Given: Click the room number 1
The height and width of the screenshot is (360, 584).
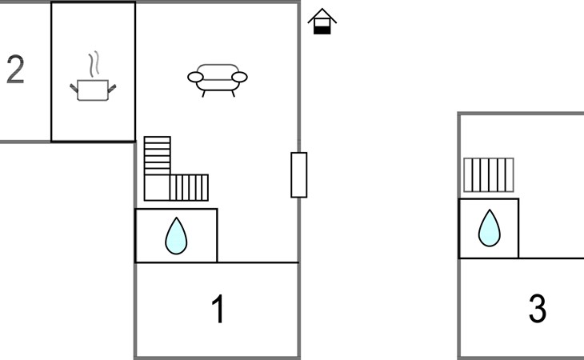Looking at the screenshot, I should [217, 310].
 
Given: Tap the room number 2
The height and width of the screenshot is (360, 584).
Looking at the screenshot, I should [15, 70].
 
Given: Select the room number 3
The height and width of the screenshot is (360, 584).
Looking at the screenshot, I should [538, 309].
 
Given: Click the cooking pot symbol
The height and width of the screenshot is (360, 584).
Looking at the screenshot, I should [94, 90].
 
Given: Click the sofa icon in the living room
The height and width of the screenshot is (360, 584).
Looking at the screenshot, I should [217, 79].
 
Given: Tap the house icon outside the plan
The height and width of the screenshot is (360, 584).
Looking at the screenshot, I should [322, 22].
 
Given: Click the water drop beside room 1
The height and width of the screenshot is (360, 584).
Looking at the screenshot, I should [175, 236].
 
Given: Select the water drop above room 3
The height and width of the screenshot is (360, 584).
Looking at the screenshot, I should [489, 229].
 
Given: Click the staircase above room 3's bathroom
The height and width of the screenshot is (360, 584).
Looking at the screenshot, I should [488, 175].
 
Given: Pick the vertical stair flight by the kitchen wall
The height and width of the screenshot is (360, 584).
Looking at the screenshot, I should [157, 155].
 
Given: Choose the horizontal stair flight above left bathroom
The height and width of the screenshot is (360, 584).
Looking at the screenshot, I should [190, 187].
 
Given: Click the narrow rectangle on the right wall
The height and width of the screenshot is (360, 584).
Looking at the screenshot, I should [298, 174].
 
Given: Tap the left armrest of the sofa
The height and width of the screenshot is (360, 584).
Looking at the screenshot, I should [197, 78].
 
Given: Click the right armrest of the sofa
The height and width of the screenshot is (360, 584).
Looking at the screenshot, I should [238, 78].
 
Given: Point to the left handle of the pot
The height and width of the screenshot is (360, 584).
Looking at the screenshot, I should [74, 85].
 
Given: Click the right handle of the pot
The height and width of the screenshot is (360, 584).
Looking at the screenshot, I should [114, 85].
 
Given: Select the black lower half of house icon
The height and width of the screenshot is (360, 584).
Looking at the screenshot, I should [322, 29].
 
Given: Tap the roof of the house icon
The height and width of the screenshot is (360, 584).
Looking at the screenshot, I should [322, 15].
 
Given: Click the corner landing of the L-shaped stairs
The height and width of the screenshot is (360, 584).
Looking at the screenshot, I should [157, 187].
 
